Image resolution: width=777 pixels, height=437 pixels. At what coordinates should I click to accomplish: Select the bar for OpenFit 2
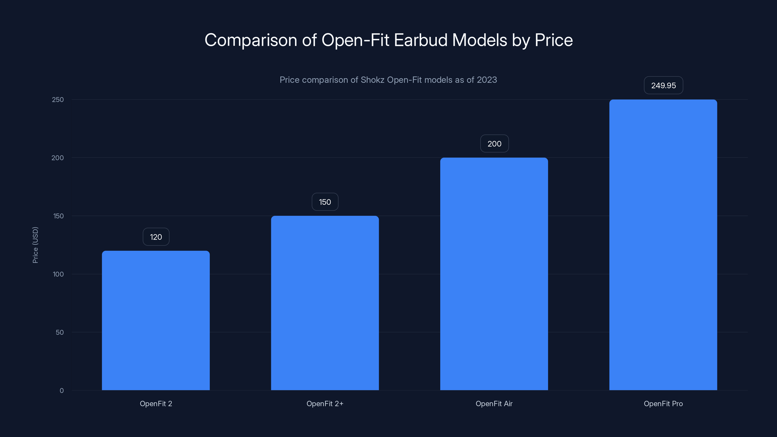(156, 320)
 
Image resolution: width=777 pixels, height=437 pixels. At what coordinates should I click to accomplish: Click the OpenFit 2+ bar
(325, 303)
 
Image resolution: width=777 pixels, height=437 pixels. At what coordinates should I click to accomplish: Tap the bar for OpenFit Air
(494, 274)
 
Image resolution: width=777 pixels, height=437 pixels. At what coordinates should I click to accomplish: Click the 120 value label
(156, 237)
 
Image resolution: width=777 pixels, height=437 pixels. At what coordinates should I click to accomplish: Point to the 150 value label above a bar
(325, 202)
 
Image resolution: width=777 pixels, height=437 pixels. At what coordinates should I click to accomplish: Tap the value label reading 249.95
(663, 86)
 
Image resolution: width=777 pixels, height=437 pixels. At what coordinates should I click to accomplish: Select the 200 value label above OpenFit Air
(494, 144)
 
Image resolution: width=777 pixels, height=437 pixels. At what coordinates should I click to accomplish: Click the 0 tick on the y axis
(61, 391)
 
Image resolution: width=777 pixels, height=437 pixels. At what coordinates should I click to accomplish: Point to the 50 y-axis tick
(60, 332)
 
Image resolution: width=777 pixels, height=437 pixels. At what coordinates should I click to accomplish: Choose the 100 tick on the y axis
(58, 274)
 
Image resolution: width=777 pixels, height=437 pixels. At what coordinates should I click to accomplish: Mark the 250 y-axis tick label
(58, 100)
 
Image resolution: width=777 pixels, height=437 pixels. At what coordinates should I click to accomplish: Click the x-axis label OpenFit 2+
(325, 403)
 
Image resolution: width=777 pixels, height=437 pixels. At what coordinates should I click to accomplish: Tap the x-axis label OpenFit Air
(494, 403)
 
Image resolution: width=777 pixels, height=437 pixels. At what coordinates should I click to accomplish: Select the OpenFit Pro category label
(663, 403)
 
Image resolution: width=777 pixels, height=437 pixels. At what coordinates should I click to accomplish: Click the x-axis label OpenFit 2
(156, 403)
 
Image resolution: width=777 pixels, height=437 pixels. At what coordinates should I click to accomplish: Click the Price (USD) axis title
(35, 245)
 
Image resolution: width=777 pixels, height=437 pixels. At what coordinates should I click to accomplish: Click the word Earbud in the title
(421, 40)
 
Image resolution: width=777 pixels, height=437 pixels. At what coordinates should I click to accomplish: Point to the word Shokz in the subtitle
(372, 80)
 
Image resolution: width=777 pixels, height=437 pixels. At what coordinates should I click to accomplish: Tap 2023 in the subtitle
(487, 80)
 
